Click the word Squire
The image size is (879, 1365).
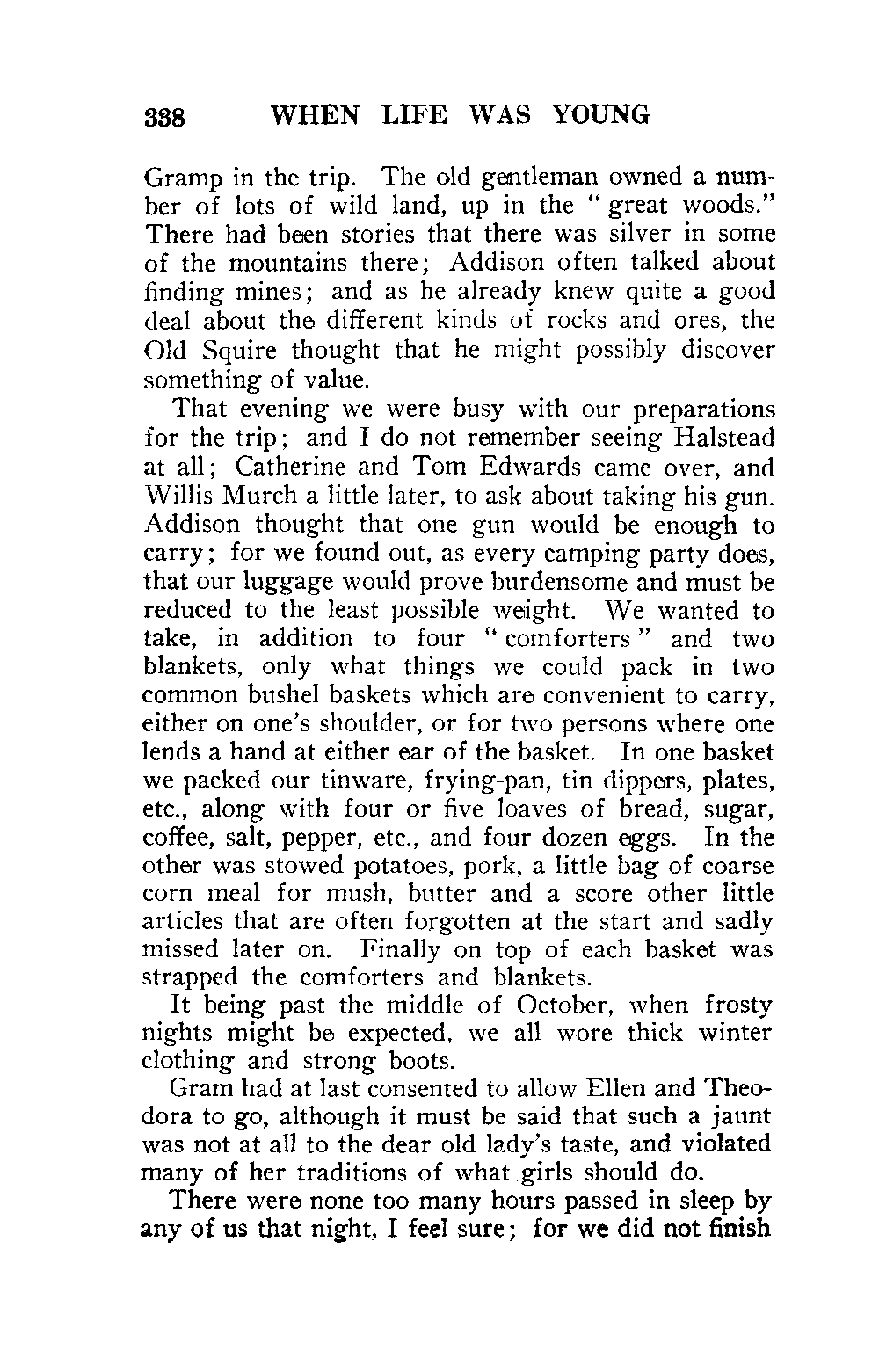[236, 351]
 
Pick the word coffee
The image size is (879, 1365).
[171, 837]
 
